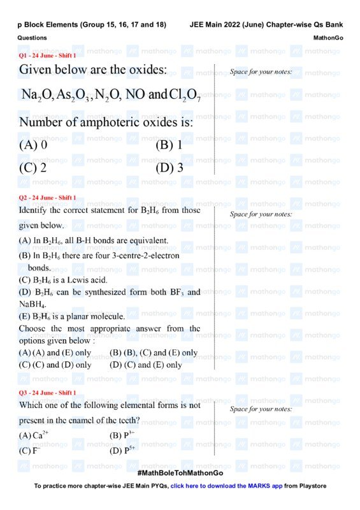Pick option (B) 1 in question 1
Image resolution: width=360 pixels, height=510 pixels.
coord(169,145)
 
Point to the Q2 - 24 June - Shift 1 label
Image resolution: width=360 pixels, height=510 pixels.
coord(47,197)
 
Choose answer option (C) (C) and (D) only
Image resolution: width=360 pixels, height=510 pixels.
coord(55,365)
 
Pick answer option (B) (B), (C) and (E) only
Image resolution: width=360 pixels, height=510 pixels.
coord(154,353)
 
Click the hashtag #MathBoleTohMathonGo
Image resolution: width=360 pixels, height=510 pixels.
coord(180,474)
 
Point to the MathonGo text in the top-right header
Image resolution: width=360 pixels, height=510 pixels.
coord(328,38)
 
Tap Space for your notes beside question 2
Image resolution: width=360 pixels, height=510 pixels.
coord(261,214)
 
